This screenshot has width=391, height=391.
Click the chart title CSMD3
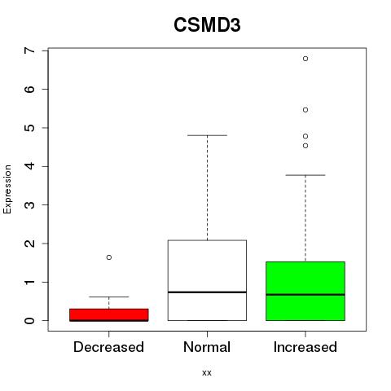[x=207, y=25]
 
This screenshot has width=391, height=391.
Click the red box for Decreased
[x=109, y=314]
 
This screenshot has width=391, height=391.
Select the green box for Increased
[x=305, y=291]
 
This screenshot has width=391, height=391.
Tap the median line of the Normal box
[x=207, y=292]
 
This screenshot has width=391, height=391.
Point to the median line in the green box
[x=305, y=294]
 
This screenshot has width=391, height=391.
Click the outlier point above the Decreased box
[x=109, y=257]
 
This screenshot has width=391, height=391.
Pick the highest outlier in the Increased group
[x=305, y=59]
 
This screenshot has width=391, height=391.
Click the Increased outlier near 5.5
[x=305, y=110]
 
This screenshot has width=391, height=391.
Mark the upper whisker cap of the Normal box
[x=207, y=135]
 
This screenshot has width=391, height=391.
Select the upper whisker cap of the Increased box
[x=305, y=175]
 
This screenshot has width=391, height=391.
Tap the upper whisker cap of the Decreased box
[x=109, y=297]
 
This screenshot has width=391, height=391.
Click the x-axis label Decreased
[x=108, y=347]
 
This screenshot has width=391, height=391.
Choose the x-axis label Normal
[x=207, y=347]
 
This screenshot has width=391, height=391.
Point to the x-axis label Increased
[x=305, y=347]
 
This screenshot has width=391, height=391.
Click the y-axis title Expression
[x=7, y=189]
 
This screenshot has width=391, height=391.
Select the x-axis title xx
[x=207, y=373]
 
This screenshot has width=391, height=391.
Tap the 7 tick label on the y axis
[x=30, y=51]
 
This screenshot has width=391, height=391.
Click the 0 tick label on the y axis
[x=30, y=321]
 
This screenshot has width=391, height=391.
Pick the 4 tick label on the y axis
[x=30, y=166]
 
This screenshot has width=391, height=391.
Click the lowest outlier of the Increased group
[x=305, y=146]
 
